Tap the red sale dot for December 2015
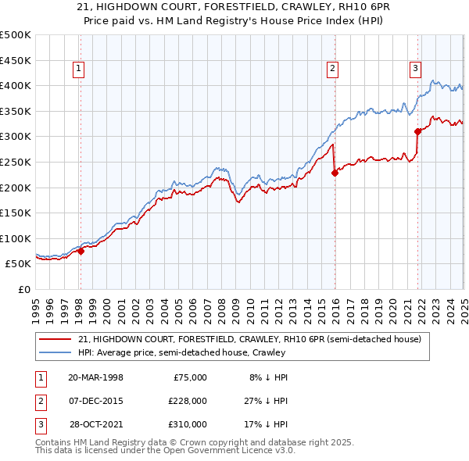335,173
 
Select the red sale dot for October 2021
418,131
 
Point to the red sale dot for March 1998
81,251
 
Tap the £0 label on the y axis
25,289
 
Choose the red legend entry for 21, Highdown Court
249,339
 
